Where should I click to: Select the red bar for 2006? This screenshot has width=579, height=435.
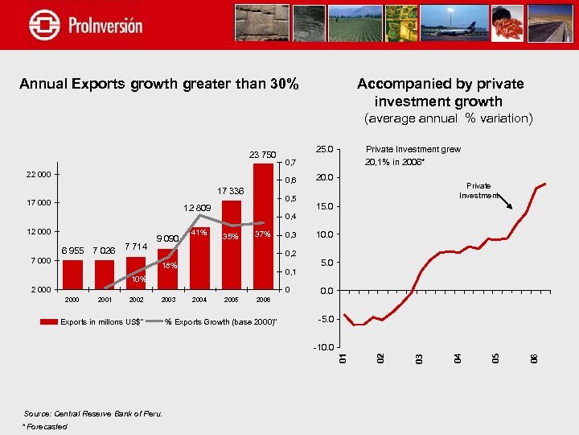click(x=263, y=226)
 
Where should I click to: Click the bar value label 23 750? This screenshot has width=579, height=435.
click(x=262, y=155)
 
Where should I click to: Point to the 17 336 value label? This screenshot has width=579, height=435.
click(x=230, y=192)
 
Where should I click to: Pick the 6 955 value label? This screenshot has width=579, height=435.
click(x=72, y=250)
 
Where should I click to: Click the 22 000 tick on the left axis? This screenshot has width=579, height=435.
click(x=38, y=175)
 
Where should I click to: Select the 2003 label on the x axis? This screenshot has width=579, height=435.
click(x=168, y=300)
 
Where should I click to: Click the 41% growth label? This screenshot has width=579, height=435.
click(x=198, y=234)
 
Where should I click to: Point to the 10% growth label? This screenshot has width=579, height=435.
click(x=138, y=280)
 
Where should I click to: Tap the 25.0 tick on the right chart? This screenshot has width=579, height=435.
click(x=325, y=149)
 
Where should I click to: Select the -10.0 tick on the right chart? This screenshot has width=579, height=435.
click(x=323, y=347)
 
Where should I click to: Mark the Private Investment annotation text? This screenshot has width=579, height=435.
click(x=478, y=190)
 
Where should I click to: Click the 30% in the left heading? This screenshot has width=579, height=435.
click(x=284, y=84)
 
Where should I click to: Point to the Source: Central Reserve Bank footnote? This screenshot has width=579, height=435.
click(x=92, y=414)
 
